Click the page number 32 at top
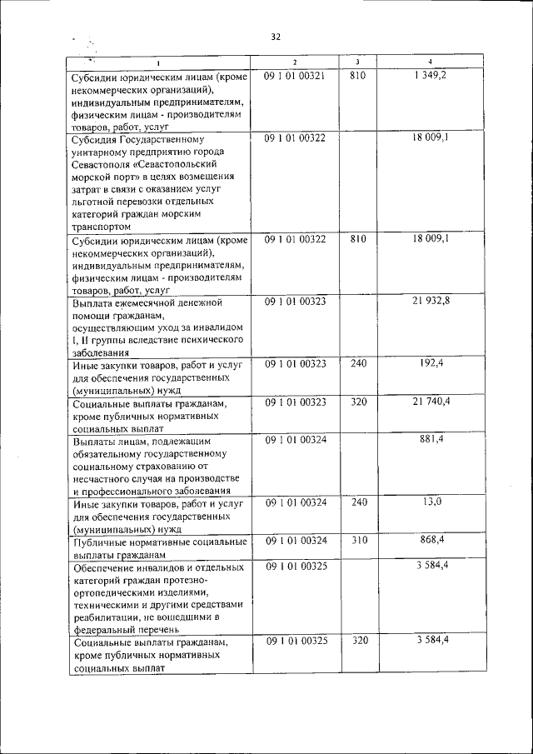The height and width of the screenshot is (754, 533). [x=276, y=37]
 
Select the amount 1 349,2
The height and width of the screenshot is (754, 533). [x=429, y=76]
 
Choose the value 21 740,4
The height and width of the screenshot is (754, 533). [x=431, y=402]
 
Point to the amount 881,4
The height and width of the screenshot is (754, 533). [x=431, y=439]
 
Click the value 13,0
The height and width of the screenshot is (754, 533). [x=432, y=502]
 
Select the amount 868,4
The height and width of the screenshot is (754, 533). [x=431, y=540]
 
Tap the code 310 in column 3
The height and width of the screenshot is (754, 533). [x=358, y=540]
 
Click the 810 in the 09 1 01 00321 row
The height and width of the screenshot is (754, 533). [x=358, y=76]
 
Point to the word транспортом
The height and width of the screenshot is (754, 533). [x=102, y=227]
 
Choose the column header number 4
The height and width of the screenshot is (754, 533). [x=430, y=62]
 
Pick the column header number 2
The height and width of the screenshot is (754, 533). [x=295, y=62]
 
